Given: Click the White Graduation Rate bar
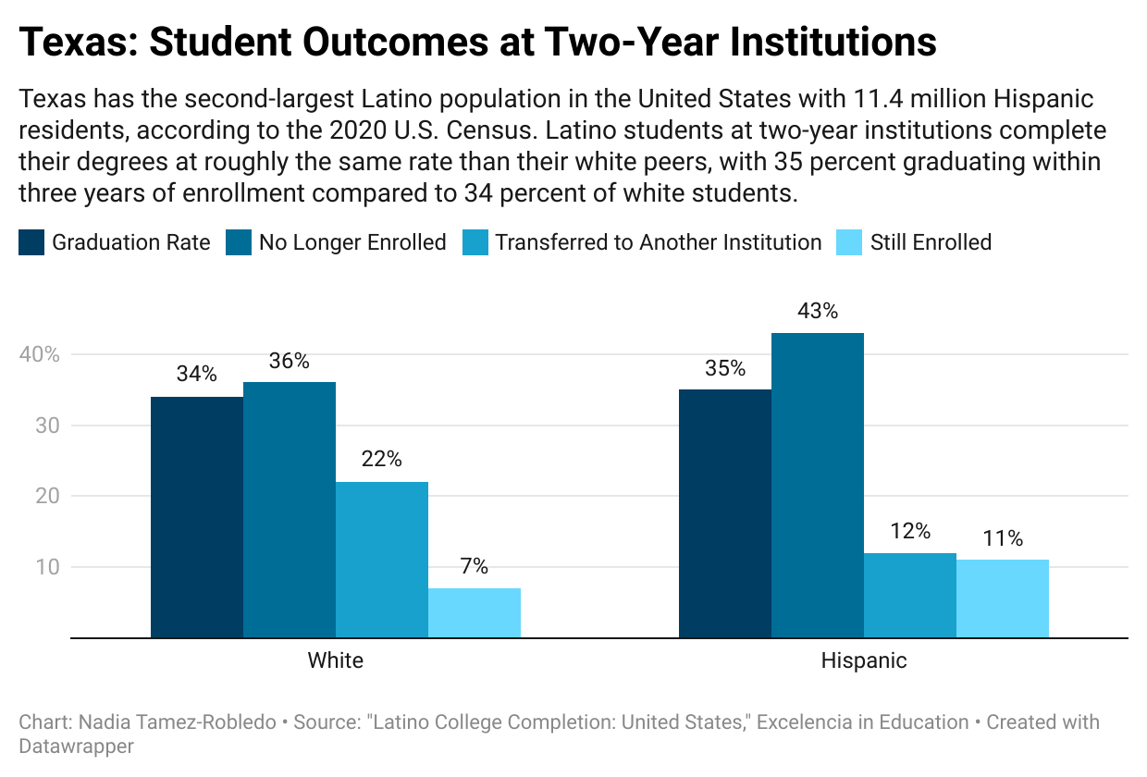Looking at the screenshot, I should (x=197, y=517).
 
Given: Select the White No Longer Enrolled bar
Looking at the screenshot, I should (x=290, y=510).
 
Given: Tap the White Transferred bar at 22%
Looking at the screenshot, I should (x=382, y=560).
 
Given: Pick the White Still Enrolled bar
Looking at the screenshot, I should (x=475, y=612).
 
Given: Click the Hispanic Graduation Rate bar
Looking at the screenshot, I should (x=725, y=513).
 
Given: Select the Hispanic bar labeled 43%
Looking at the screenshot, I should (x=818, y=485).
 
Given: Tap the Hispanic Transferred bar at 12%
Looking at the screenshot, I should (x=910, y=595).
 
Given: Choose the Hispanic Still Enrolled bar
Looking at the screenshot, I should (x=1003, y=598).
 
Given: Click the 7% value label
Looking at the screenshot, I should (x=475, y=566).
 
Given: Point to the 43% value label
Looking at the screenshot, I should (x=818, y=311).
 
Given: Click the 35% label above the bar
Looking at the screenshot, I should (x=725, y=368).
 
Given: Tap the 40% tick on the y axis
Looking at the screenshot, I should (x=39, y=355).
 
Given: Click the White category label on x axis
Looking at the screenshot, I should (x=335, y=660).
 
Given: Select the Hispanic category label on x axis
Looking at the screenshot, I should (x=864, y=660).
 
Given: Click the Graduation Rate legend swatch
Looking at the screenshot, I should (x=31, y=243).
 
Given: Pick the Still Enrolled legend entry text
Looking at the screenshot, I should (x=931, y=243).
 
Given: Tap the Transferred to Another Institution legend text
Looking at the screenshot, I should (x=659, y=243).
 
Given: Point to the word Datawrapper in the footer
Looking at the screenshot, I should (x=77, y=746).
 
